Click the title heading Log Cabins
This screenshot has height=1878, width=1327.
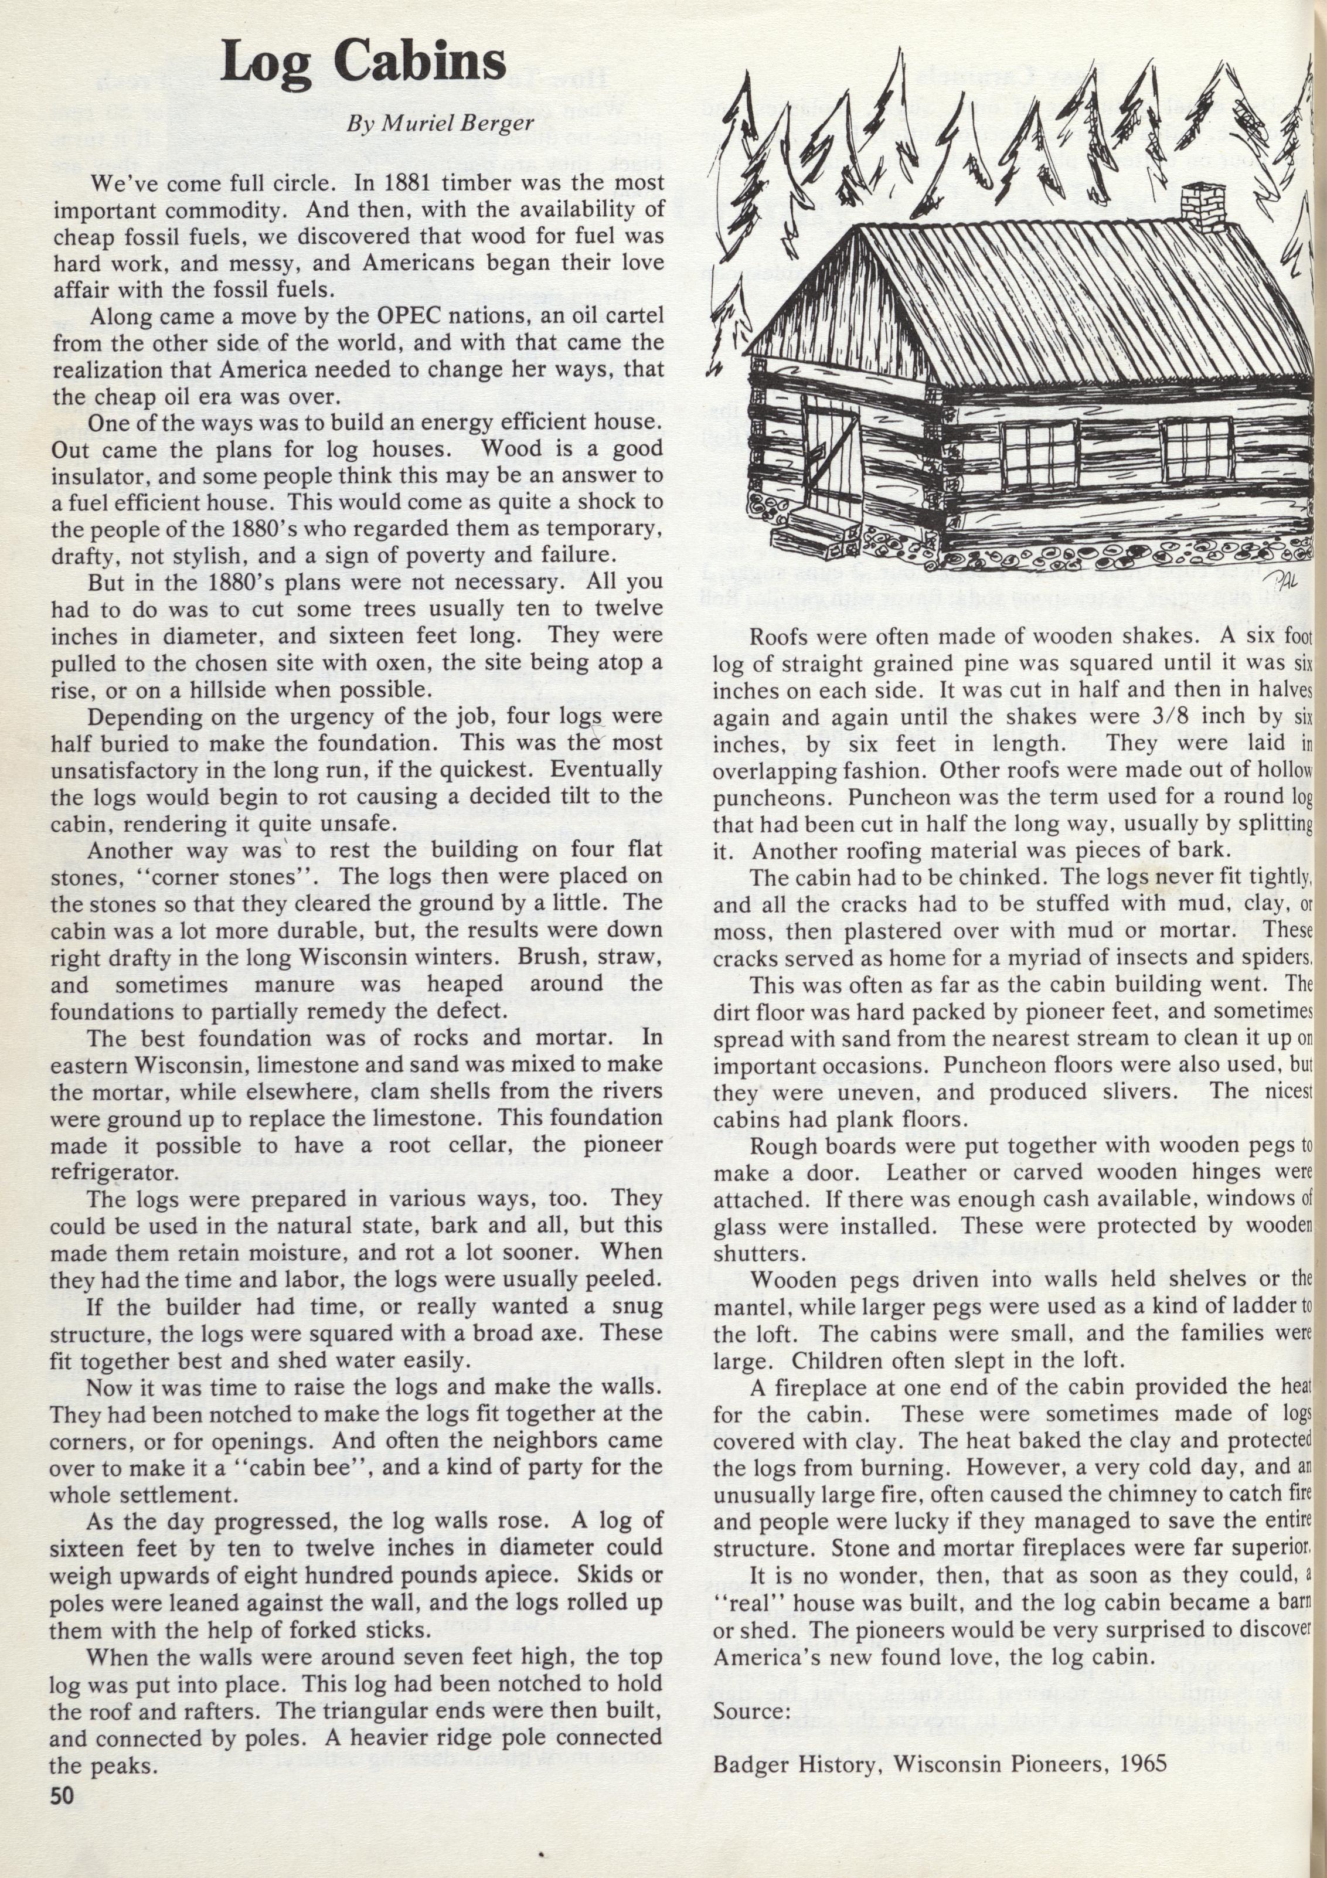point(363,63)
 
